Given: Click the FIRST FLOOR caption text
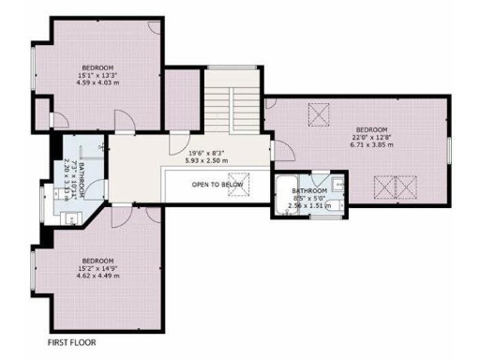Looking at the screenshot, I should [x=71, y=343].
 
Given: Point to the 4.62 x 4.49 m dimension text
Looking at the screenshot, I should [x=97, y=276].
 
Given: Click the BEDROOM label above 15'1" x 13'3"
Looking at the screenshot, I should [x=97, y=67].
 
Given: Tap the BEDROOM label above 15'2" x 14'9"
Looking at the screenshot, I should [x=97, y=260].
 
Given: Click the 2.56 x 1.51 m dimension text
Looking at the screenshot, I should [x=310, y=205].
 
